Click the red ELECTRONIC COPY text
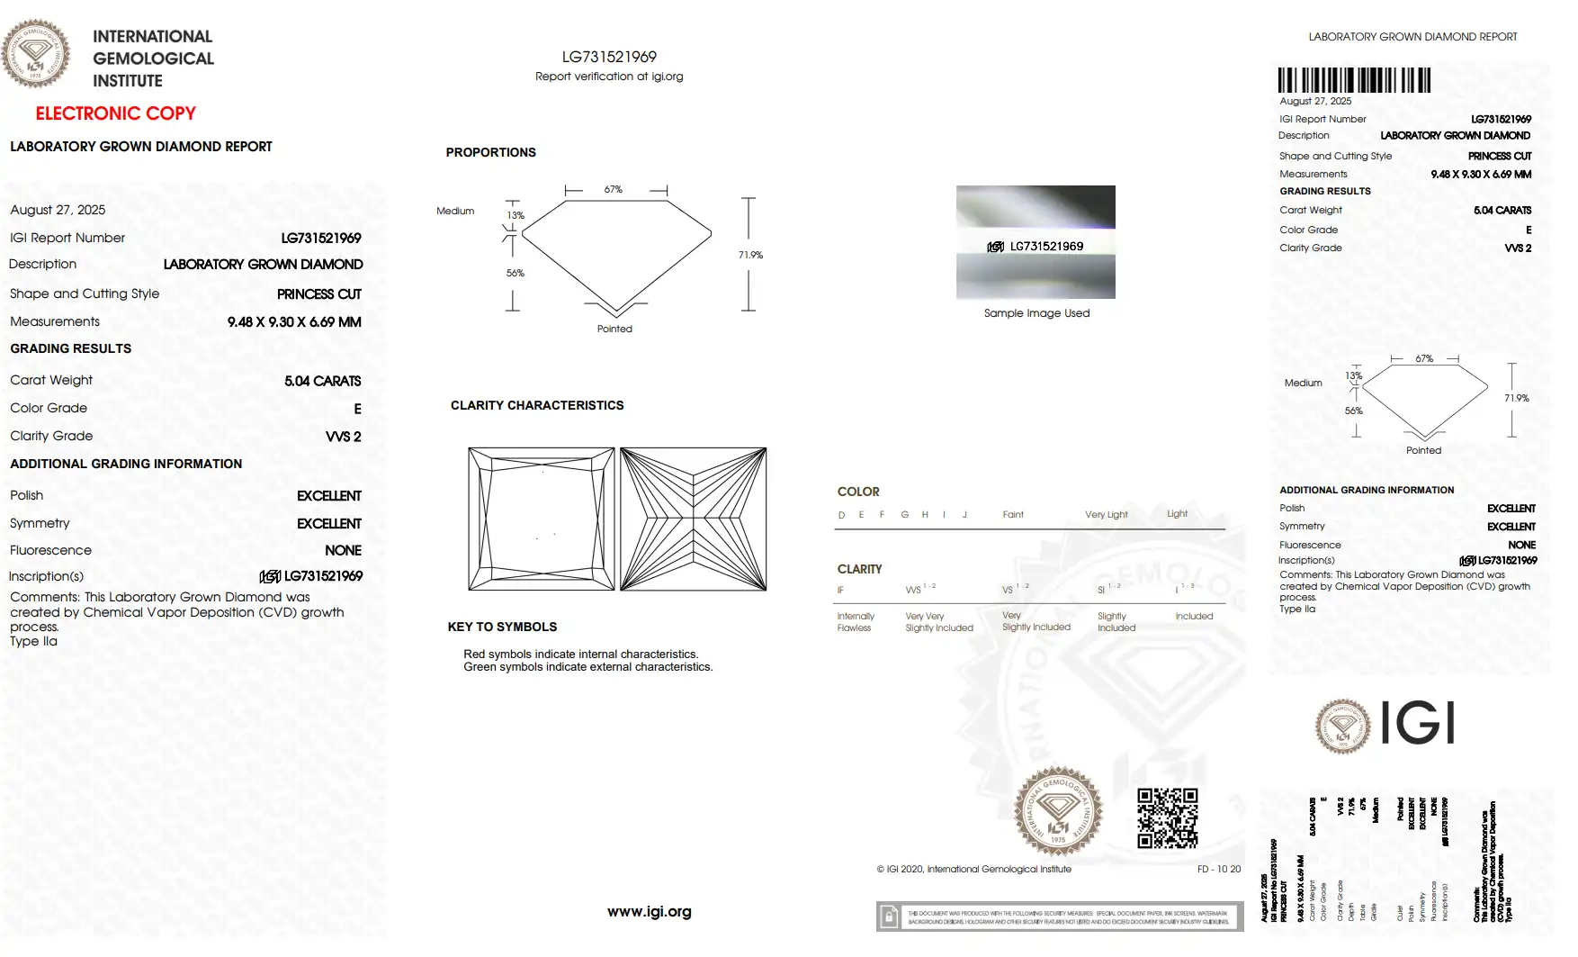[115, 113]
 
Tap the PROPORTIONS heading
[490, 152]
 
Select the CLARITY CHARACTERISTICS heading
[537, 405]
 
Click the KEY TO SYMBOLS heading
[502, 627]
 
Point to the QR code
[1167, 817]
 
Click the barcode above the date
[1354, 80]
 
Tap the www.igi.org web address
[649, 911]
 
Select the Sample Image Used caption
[1036, 313]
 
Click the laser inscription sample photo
[1036, 241]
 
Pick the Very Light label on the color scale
[1106, 515]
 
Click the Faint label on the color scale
[1013, 515]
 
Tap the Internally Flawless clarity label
[855, 622]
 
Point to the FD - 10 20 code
[1218, 869]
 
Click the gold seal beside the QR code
[1058, 811]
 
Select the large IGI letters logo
[1417, 723]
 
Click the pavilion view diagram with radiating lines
[693, 519]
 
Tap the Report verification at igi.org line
[609, 77]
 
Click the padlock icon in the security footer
[889, 916]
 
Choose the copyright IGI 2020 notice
[973, 869]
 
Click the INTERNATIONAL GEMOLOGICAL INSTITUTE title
[153, 59]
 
